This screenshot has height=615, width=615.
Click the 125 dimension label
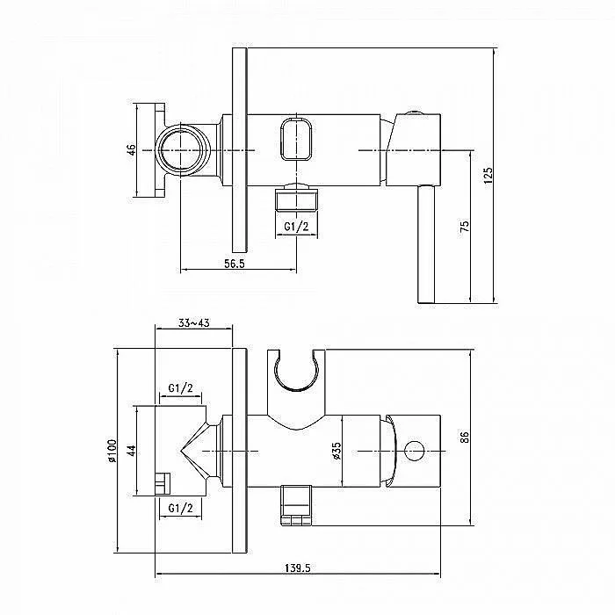point(488,176)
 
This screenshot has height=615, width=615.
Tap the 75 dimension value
point(465,226)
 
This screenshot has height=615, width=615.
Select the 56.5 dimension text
point(235,264)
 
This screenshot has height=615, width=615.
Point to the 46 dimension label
point(132,150)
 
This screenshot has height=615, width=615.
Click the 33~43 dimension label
point(194,322)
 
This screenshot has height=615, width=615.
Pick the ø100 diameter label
point(112,450)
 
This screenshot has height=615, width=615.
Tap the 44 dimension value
point(132,450)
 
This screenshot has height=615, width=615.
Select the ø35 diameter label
point(336,451)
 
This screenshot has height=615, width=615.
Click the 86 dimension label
point(465,437)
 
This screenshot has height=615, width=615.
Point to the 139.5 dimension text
point(297,568)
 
